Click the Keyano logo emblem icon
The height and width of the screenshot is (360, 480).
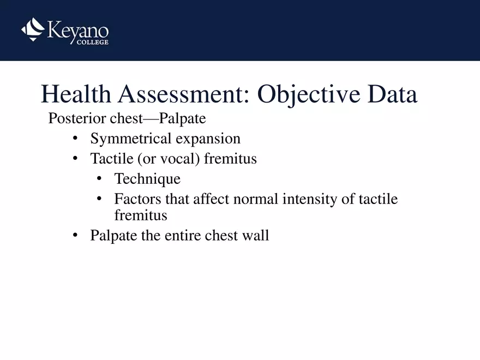[x=33, y=29]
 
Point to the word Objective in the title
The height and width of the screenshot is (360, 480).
[x=308, y=95]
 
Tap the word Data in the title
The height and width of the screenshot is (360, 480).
[x=392, y=95]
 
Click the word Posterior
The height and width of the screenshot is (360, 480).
[x=74, y=118]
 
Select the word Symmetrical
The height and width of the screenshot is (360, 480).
[x=131, y=139]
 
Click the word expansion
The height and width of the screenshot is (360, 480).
[x=208, y=139]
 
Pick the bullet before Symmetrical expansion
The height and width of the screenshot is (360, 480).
[x=76, y=139]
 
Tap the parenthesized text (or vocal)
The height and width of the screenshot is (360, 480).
[x=169, y=159]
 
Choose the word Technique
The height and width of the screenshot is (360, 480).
[x=147, y=179]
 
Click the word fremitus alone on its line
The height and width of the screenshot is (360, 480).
[x=141, y=215]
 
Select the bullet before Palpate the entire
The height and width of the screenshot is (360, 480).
[x=76, y=236]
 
